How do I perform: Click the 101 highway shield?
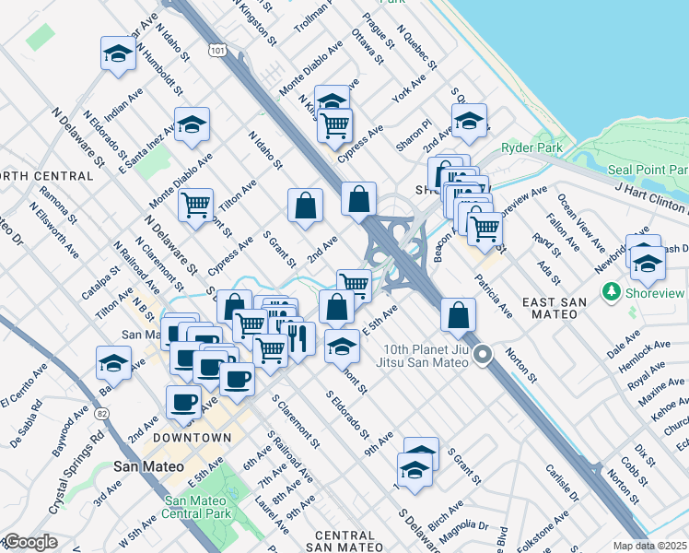coord(216,52)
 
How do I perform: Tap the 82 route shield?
coord(100,414)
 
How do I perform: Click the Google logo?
coord(30,542)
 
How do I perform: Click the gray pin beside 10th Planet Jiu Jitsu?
coord(482,355)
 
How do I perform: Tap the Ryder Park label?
coord(524,147)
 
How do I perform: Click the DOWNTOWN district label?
coord(192,437)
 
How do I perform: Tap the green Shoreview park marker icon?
coord(610,292)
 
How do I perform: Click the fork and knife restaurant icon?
coord(297,337)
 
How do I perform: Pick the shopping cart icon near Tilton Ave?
coord(195,205)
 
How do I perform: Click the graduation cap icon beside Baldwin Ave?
coord(114,363)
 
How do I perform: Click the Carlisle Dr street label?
coord(561,482)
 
